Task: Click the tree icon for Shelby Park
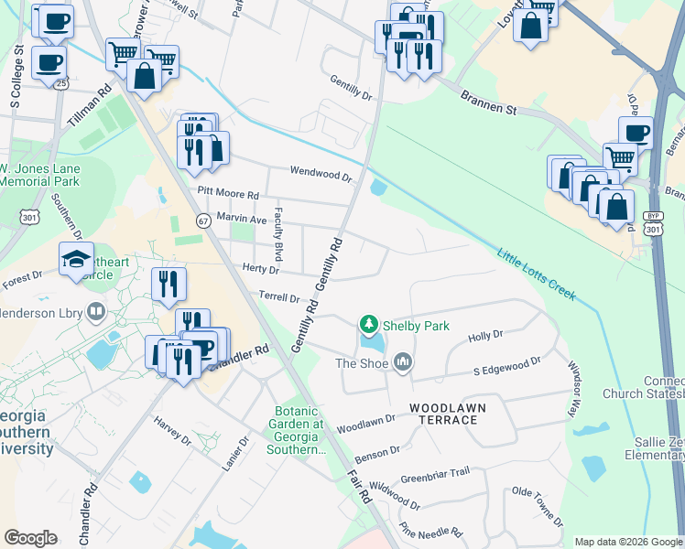(368, 325)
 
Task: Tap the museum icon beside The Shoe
(402, 363)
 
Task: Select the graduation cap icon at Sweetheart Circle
(76, 259)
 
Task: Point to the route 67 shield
(203, 221)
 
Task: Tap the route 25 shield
(60, 83)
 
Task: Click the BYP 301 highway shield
(651, 222)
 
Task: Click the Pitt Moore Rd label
(228, 195)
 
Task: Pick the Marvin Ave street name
(241, 220)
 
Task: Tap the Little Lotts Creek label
(537, 274)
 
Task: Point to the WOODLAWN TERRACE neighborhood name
(443, 414)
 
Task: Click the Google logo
(31, 538)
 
